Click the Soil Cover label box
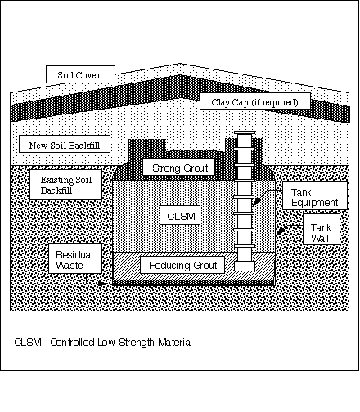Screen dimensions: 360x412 click(x=80, y=74)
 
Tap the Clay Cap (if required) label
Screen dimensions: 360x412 click(x=255, y=101)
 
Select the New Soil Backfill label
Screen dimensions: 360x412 click(x=65, y=144)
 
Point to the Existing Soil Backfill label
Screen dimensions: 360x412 click(x=65, y=185)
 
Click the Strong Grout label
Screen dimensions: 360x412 click(x=179, y=167)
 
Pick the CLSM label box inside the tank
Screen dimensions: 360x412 click(x=180, y=215)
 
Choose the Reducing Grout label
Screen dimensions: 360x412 click(x=182, y=265)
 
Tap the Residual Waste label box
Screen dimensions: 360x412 click(x=75, y=258)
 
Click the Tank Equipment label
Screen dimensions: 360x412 click(x=315, y=196)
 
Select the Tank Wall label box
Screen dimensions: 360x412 click(x=322, y=230)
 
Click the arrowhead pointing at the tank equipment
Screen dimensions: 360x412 click(x=256, y=202)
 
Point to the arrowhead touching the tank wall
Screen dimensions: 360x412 click(x=281, y=231)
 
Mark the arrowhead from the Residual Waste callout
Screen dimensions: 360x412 click(x=101, y=284)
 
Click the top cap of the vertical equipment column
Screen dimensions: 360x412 click(x=245, y=132)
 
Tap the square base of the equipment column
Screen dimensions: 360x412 click(x=245, y=266)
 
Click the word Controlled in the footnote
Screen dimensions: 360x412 click(x=72, y=343)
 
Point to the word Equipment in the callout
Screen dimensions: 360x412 click(x=315, y=203)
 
